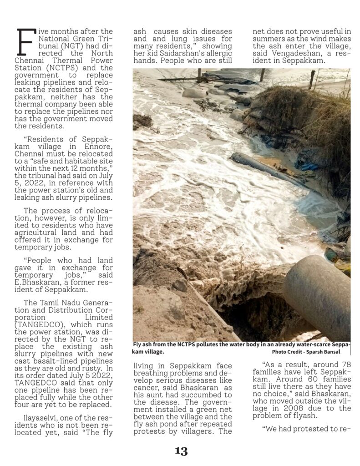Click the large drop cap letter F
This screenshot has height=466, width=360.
(25, 42)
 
